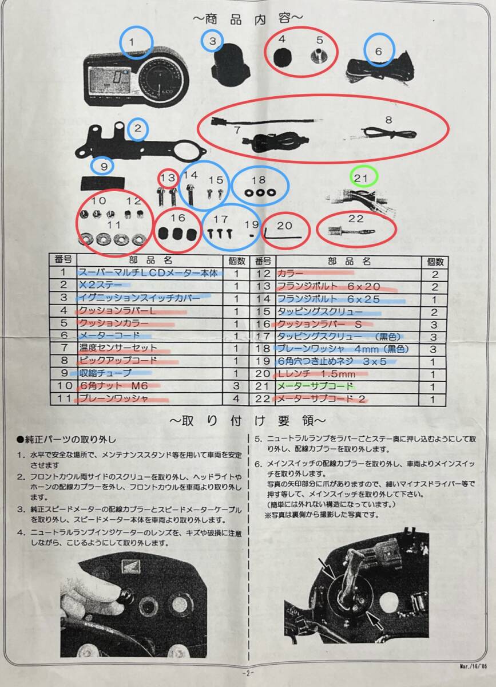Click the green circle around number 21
(x=361, y=178)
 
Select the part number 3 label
(x=212, y=41)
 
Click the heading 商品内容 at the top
(x=248, y=18)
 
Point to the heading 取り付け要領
(x=248, y=421)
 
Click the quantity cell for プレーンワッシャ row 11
(x=236, y=399)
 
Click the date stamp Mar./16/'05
(x=473, y=666)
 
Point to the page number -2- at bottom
(x=248, y=673)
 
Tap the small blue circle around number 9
(x=104, y=166)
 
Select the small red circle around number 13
(x=168, y=178)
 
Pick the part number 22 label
(x=356, y=219)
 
